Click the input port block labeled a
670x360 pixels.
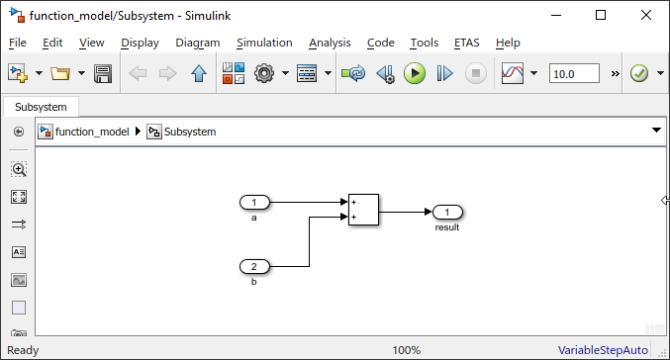(254, 203)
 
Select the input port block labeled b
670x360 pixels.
(254, 267)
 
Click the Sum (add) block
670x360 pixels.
(363, 210)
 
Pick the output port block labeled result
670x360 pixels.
(447, 213)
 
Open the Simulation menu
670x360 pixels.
(264, 43)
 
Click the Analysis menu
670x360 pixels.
(330, 43)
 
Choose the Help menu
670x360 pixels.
(508, 43)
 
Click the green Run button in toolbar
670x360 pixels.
(415, 73)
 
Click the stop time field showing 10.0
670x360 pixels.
(574, 73)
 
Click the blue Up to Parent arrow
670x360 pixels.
(198, 73)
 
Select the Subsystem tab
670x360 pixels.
(41, 107)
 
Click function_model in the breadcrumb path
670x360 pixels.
(91, 132)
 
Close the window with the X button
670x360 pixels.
(645, 15)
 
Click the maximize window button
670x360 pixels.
(600, 15)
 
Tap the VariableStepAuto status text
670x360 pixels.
(603, 350)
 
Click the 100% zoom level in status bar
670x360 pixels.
(407, 350)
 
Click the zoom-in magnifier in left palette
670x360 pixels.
(19, 169)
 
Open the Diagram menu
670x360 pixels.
(197, 43)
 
